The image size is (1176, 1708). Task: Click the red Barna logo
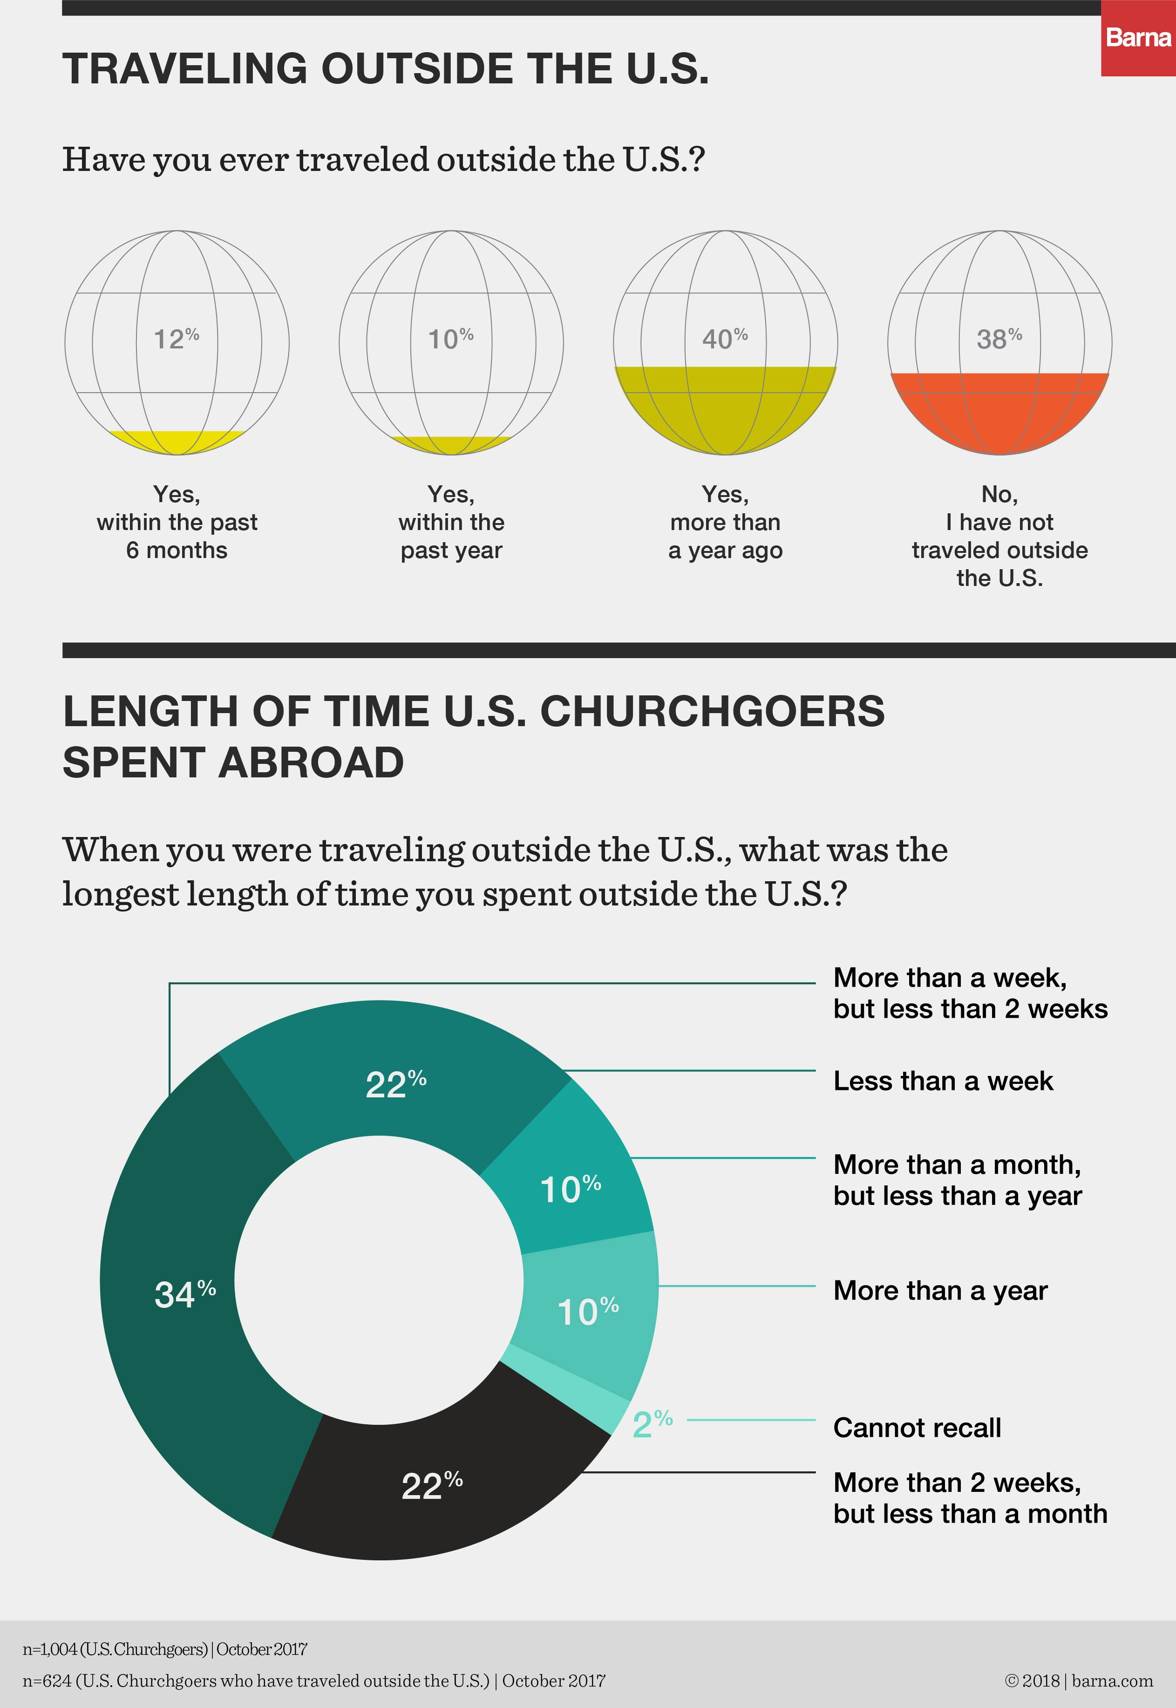click(x=1138, y=38)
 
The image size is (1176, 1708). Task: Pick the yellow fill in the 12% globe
click(x=177, y=441)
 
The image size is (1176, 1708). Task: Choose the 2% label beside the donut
click(x=652, y=1423)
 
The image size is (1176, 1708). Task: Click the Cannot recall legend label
click(x=917, y=1427)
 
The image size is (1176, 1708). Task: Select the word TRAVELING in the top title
click(x=185, y=68)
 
